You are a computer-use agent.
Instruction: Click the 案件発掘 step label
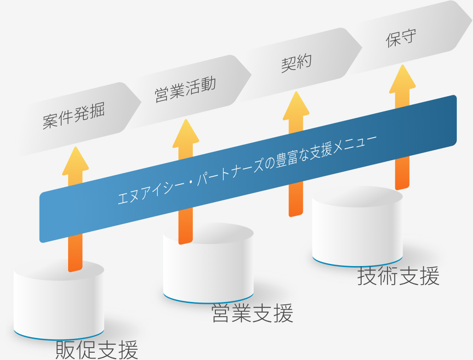(x=74, y=115)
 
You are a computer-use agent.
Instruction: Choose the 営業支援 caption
(x=252, y=314)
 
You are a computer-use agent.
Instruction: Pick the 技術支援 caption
(x=398, y=276)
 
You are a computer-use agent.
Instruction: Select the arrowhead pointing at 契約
(x=295, y=105)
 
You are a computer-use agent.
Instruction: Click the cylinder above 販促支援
(x=59, y=299)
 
